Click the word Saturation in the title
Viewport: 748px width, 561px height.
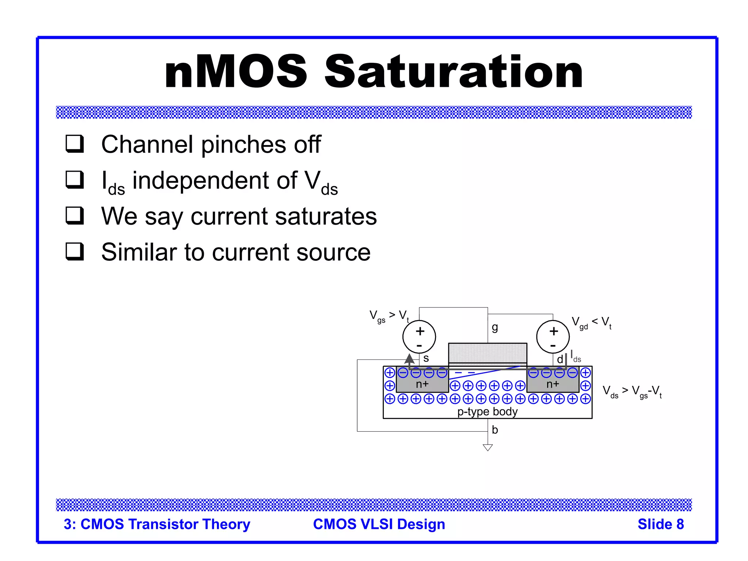(x=454, y=72)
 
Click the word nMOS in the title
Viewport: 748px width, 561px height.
(x=236, y=72)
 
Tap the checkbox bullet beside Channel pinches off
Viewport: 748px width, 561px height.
(x=75, y=144)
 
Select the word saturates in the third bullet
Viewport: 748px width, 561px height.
(x=326, y=216)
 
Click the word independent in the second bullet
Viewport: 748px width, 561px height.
(x=215, y=180)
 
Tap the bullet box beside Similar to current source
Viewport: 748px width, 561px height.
(x=75, y=252)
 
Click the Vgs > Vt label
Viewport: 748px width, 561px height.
(x=389, y=316)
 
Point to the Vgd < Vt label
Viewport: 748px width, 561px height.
(x=591, y=323)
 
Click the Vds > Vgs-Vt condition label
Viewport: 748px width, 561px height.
(x=632, y=392)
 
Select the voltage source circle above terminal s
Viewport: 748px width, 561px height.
(x=419, y=337)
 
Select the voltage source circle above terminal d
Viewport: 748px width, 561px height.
(x=553, y=337)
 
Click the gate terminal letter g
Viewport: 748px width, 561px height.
(x=495, y=327)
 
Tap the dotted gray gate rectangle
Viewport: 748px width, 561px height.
(x=488, y=353)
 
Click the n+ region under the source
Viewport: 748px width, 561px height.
(x=422, y=384)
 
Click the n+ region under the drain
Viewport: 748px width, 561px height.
(x=553, y=384)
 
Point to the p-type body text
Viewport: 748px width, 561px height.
(x=488, y=412)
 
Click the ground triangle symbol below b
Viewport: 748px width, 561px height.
(x=488, y=447)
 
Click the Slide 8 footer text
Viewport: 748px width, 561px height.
(x=660, y=524)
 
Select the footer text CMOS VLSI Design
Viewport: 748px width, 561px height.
(x=379, y=524)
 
